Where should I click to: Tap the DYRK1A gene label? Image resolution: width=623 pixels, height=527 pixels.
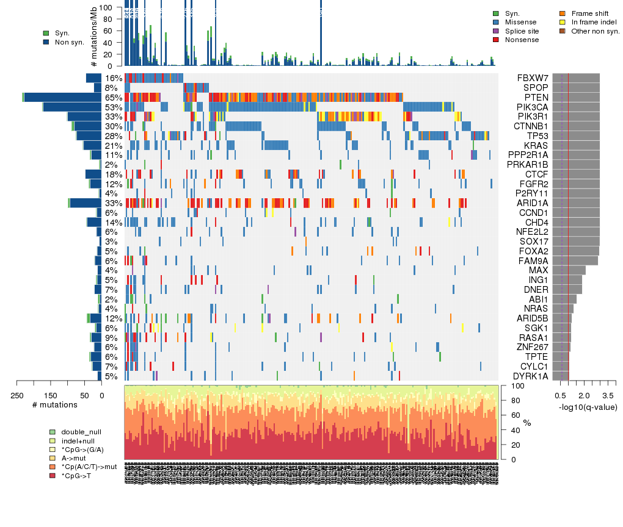(x=528, y=376)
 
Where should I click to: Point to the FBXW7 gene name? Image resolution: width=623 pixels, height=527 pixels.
(x=531, y=78)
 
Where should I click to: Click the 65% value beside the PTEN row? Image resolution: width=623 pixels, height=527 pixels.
(x=114, y=98)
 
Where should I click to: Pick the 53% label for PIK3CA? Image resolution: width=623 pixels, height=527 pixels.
(x=114, y=107)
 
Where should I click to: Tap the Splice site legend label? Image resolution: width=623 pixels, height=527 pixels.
(x=522, y=31)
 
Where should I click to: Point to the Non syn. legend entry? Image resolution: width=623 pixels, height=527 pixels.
(x=69, y=42)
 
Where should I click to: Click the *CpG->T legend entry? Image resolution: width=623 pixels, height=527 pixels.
(x=77, y=475)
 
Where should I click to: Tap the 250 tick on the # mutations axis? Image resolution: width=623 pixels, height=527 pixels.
(x=17, y=395)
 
